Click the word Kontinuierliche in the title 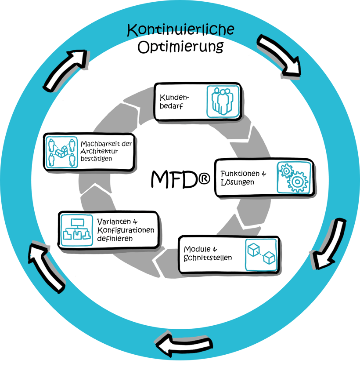click(x=180, y=29)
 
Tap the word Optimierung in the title click(x=180, y=47)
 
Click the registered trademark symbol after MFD click(x=204, y=179)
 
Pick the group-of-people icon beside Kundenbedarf click(x=223, y=102)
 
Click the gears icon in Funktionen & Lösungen click(x=294, y=178)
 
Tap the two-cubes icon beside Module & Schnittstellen click(x=261, y=255)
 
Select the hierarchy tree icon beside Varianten click(x=77, y=230)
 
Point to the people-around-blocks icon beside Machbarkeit click(x=61, y=152)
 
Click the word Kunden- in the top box click(x=174, y=98)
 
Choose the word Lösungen click(x=238, y=182)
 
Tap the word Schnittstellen click(x=208, y=258)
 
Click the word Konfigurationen click(x=126, y=230)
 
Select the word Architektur click(x=99, y=151)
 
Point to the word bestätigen click(x=96, y=159)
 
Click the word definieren click(x=115, y=238)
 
